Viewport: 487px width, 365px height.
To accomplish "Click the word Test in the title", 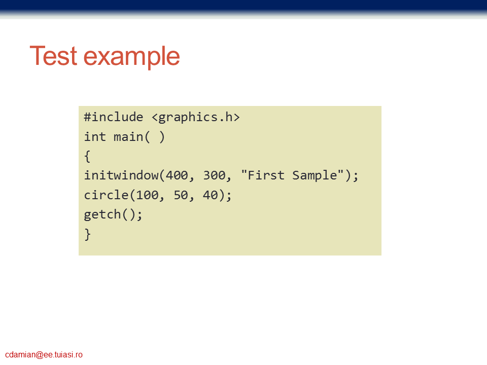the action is (x=53, y=56).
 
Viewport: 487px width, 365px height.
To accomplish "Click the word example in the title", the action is (x=132, y=57).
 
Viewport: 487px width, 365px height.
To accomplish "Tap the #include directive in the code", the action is (x=114, y=117).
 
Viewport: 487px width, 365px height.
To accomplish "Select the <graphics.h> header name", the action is (x=196, y=117).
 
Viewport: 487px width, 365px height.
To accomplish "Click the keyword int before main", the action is (x=95, y=136).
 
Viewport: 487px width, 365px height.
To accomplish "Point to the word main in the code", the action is (x=128, y=137).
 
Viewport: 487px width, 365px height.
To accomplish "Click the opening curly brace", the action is (x=87, y=156).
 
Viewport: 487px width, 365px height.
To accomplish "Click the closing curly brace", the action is (x=88, y=234).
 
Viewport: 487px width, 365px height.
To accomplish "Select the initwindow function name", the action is (x=121, y=175).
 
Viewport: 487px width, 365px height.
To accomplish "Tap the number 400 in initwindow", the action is (x=177, y=175).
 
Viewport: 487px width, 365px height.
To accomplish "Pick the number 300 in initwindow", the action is (x=214, y=175).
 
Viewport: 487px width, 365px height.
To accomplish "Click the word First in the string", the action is (x=265, y=175).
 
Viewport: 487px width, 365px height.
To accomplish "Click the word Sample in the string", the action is (x=315, y=176).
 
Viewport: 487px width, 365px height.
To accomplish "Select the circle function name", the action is (x=106, y=195).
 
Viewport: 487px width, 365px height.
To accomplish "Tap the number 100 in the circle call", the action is (x=147, y=195).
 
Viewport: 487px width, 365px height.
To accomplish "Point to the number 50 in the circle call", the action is (x=181, y=195).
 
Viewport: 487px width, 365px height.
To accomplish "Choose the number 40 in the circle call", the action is (x=210, y=195).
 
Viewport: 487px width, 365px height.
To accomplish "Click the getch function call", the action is (x=113, y=215).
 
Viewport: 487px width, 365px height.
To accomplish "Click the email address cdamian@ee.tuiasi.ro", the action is (x=44, y=354).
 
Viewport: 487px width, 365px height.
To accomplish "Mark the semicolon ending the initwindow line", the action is (x=355, y=176).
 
